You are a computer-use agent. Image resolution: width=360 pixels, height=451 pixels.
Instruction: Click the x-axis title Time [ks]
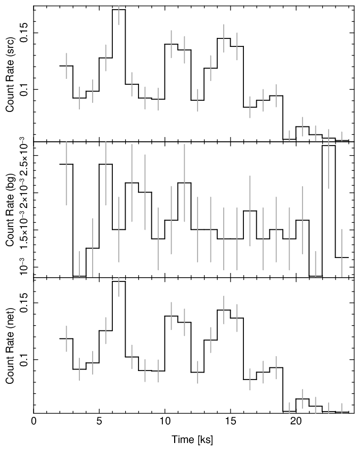192,440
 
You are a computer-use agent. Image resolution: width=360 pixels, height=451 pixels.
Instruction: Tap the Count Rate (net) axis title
10,345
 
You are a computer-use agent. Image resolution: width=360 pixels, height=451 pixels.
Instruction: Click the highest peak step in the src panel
119,10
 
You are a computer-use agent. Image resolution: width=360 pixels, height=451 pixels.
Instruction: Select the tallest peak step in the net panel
119,281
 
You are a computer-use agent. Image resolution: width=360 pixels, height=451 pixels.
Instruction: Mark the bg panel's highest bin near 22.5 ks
329,146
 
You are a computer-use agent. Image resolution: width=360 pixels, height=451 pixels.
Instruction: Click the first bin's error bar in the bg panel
66,174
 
